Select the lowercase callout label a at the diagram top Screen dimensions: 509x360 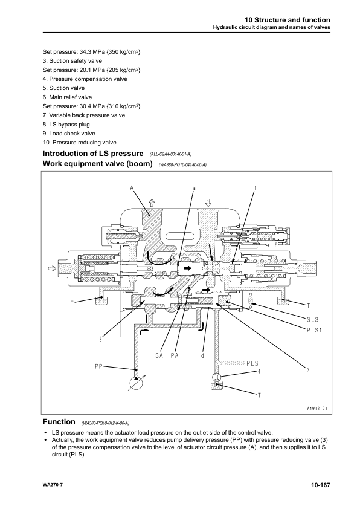tap(194, 188)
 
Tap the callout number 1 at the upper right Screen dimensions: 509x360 tap(255, 188)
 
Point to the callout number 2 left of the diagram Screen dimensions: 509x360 tap(100, 338)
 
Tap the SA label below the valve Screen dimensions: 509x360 tap(159, 355)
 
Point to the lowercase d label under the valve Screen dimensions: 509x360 tap(202, 355)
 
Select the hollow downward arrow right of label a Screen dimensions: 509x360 tap(207, 203)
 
